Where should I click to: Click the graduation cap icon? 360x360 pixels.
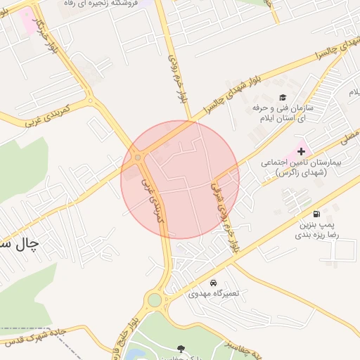coord(283,98)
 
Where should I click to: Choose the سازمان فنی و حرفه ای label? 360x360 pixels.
coord(283,115)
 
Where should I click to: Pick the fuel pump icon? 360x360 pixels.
coord(317,214)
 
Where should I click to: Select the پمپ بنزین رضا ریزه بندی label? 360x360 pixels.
coord(316,231)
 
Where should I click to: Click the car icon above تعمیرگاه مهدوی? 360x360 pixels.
coord(213,283)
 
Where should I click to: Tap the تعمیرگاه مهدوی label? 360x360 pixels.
coord(212,294)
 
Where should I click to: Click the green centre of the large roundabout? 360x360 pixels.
coord(155,301)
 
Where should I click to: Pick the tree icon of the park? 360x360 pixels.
coord(181,349)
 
